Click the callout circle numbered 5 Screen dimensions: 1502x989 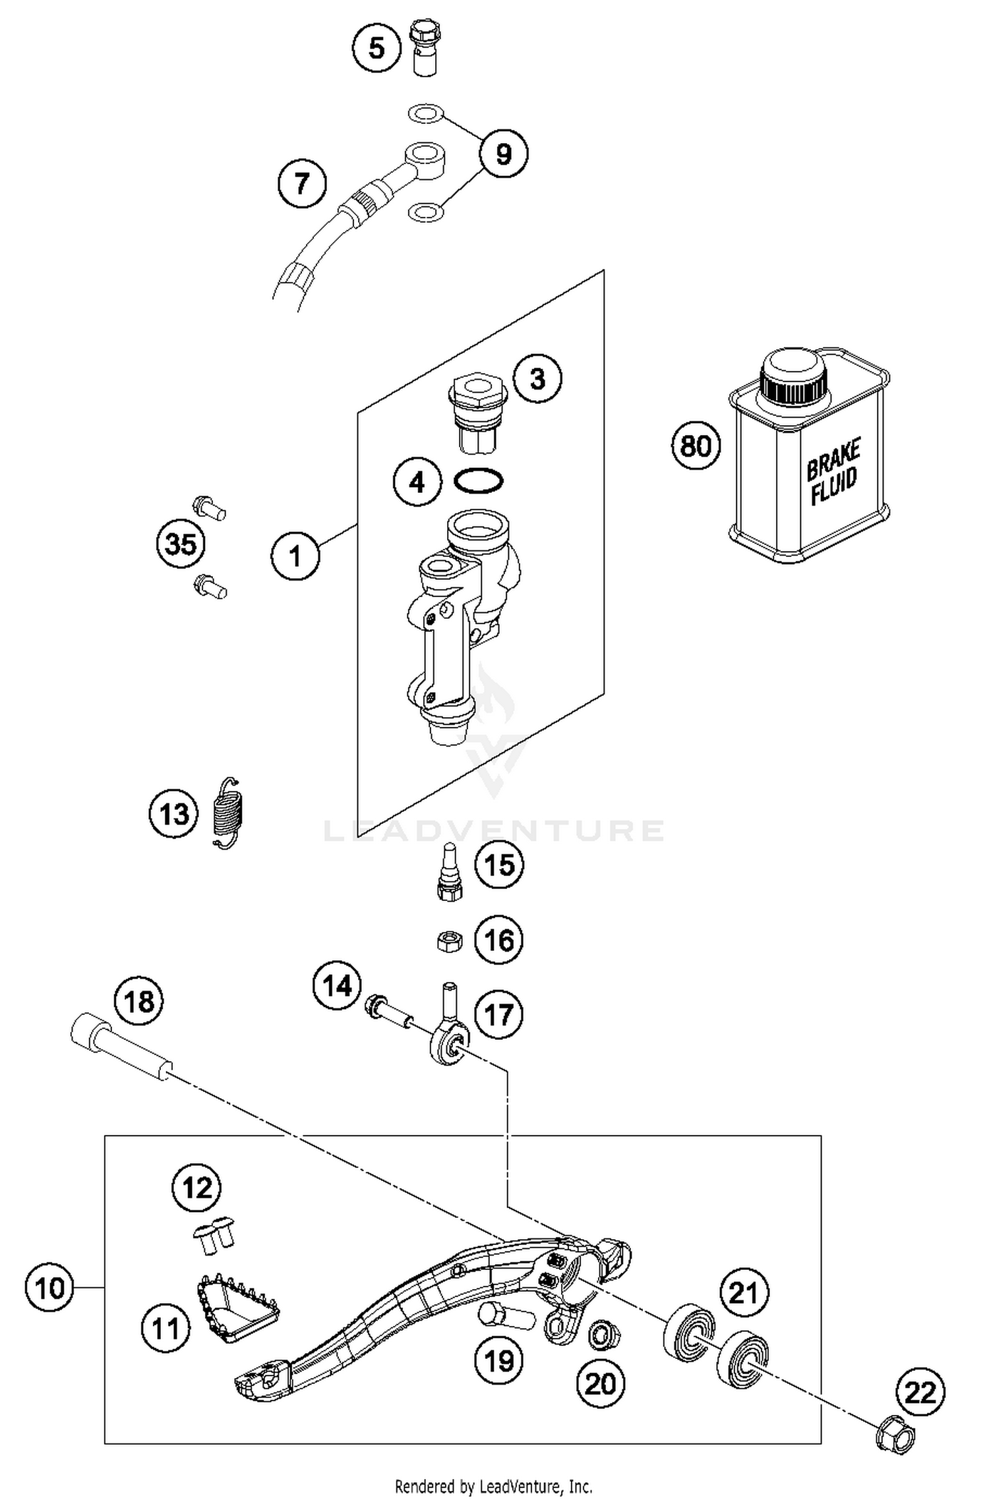[376, 47]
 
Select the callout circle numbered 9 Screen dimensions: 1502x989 [503, 154]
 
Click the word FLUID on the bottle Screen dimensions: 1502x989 [834, 487]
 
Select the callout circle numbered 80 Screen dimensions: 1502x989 [696, 446]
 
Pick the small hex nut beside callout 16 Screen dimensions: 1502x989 [450, 940]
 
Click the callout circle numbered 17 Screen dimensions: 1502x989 [498, 1014]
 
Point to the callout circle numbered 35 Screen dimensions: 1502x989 [181, 545]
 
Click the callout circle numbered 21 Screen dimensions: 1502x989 [744, 1292]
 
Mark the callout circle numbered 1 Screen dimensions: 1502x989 [295, 556]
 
